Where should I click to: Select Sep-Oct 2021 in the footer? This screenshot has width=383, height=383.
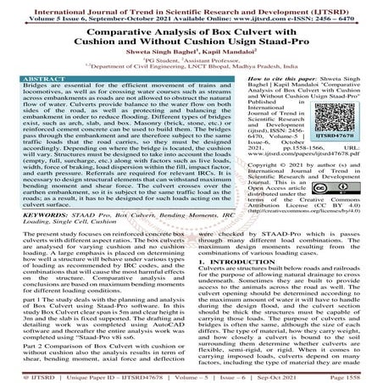(308, 376)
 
